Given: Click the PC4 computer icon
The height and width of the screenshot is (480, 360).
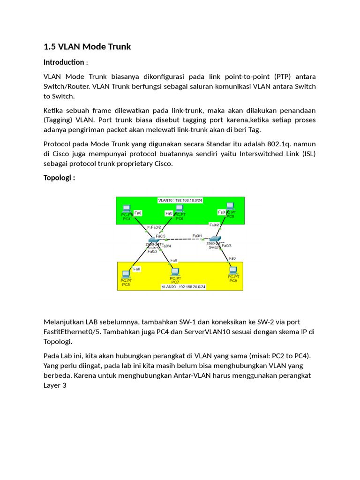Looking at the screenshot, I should [x=126, y=209].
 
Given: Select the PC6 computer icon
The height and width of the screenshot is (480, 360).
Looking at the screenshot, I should [x=179, y=209].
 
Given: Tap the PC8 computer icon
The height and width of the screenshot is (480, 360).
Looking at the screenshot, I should [x=230, y=206].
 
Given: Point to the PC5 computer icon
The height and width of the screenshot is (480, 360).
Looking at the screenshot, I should [x=126, y=274].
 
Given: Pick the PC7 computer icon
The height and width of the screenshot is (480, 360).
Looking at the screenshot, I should [x=175, y=271].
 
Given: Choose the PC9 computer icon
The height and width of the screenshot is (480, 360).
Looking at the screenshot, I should [x=233, y=270].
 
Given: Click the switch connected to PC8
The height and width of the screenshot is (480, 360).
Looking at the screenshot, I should [x=215, y=240].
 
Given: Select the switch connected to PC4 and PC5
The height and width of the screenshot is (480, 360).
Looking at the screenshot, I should [x=154, y=241].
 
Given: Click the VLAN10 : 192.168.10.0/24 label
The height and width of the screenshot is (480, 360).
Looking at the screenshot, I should [x=180, y=200].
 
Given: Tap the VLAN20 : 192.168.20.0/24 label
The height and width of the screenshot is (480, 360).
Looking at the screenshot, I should [x=183, y=286].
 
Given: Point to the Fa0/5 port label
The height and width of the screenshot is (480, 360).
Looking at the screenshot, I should [x=160, y=236].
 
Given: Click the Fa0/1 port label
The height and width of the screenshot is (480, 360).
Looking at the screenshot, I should [x=197, y=236].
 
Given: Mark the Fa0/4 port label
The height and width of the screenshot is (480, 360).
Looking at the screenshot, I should [x=166, y=246].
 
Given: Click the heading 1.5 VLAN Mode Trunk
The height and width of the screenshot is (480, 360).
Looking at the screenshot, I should [x=87, y=46].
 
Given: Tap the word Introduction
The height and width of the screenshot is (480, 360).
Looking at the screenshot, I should [x=64, y=62].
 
